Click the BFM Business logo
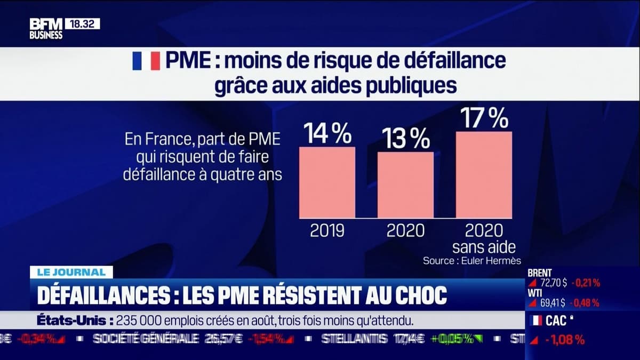(x=46, y=28)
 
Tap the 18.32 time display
(x=82, y=24)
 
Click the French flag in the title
(x=146, y=61)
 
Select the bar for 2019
(x=327, y=182)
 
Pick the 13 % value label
(x=405, y=139)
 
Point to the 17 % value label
(x=484, y=118)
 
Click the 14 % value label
(x=327, y=133)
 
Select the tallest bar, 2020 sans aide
(x=484, y=175)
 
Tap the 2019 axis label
(x=327, y=230)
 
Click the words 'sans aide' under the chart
(x=484, y=247)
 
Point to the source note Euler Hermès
(x=471, y=260)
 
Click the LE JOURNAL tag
(x=71, y=272)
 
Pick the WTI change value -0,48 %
(x=585, y=303)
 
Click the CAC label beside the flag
(x=556, y=321)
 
